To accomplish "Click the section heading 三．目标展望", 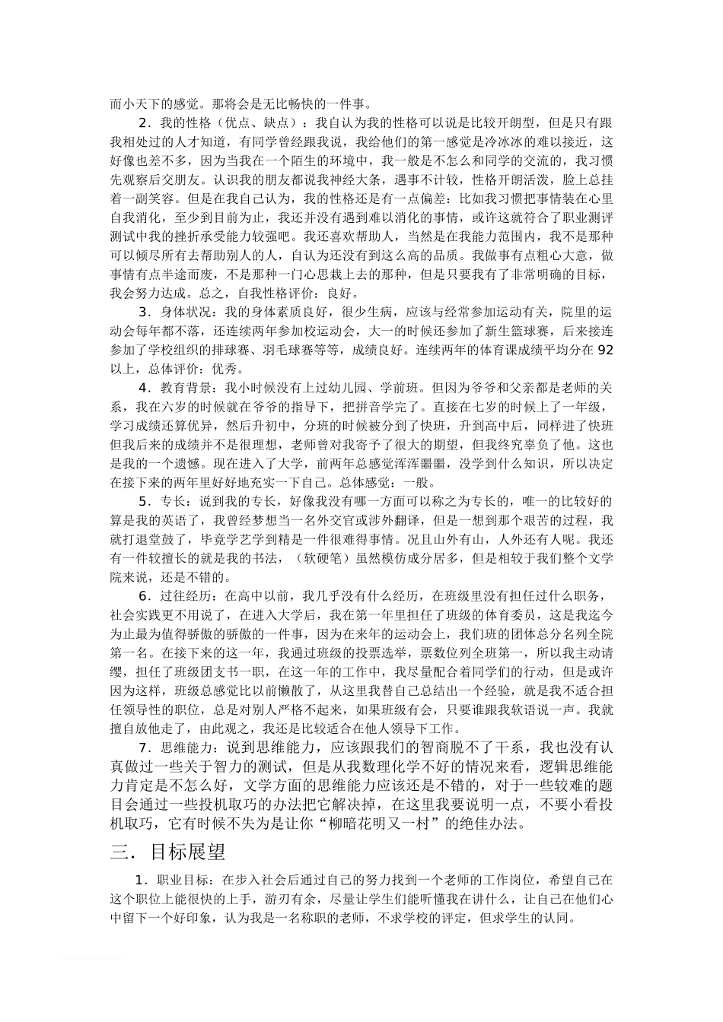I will tap(167, 852).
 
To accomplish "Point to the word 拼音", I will tap(365, 408).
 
